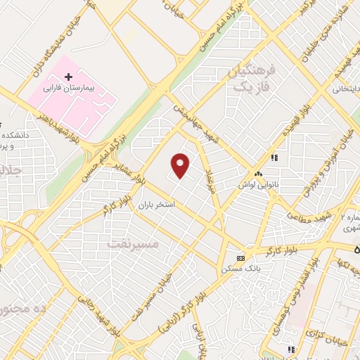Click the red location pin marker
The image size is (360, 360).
(181, 165)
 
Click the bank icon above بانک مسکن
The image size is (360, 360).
(240, 258)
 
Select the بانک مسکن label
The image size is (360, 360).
(240, 269)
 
